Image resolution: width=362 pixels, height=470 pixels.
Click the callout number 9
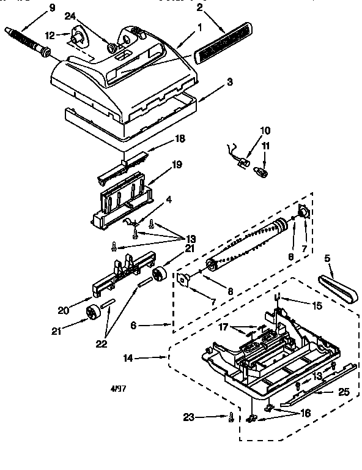[x=51, y=7]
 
